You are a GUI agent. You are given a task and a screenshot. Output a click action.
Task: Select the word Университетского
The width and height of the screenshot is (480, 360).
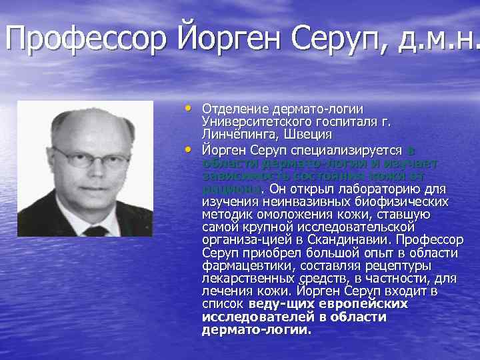(257, 122)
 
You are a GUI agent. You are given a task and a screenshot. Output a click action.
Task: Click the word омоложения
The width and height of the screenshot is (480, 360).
(301, 215)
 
